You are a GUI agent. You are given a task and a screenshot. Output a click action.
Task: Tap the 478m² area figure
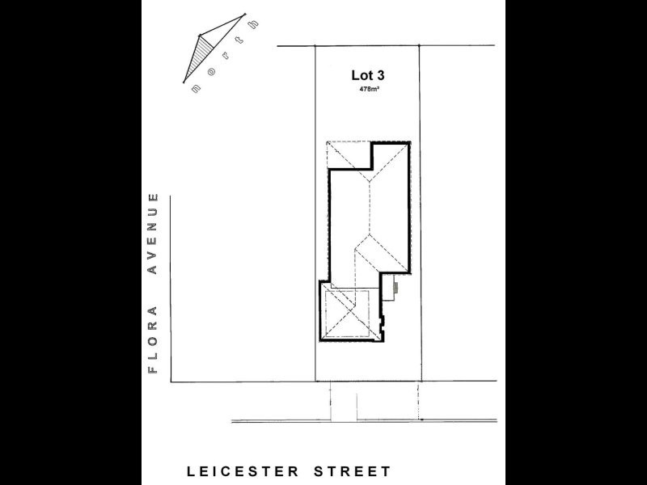(x=370, y=89)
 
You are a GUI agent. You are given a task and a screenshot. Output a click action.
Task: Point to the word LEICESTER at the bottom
(x=235, y=471)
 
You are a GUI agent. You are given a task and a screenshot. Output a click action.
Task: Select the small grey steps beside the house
(x=395, y=285)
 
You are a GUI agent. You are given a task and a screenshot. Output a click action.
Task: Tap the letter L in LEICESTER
(x=192, y=471)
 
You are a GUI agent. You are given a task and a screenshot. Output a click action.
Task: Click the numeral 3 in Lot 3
(x=379, y=75)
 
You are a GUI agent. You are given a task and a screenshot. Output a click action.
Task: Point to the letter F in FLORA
(x=151, y=370)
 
